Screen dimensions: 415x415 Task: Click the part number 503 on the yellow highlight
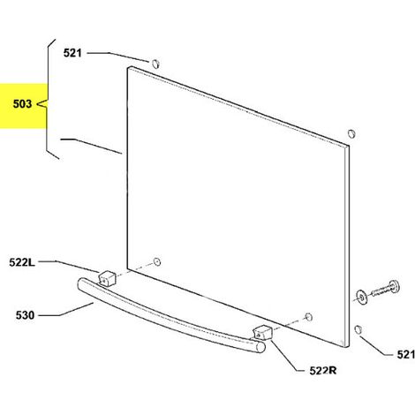[x=22, y=103]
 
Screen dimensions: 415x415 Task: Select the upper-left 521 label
[x=72, y=53]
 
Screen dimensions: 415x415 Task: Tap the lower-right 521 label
[x=405, y=354]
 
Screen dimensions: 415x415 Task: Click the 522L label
[x=22, y=262]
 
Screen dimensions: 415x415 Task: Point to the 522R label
[x=323, y=371]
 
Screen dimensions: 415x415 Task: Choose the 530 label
[x=25, y=315]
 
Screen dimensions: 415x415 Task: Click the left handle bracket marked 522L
[x=107, y=278]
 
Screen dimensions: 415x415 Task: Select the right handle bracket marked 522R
[x=262, y=333]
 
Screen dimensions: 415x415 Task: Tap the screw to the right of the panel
[x=385, y=289]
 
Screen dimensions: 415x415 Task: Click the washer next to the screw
[x=361, y=298]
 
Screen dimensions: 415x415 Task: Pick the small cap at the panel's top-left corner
[x=155, y=64]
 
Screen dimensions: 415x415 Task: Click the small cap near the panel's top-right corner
[x=351, y=133]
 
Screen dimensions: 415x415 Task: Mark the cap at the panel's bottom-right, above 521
[x=358, y=329]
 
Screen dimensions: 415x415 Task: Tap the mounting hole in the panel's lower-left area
[x=157, y=261]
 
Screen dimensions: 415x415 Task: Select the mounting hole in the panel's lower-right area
[x=308, y=317]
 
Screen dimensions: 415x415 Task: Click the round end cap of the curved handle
[x=260, y=347]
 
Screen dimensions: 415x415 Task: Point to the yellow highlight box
[x=24, y=106]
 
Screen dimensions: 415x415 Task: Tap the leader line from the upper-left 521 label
[x=118, y=57]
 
